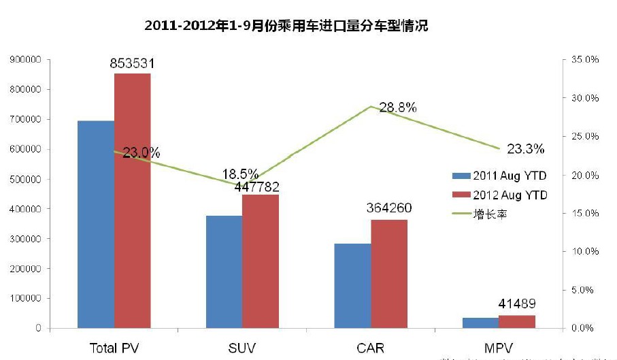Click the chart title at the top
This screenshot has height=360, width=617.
point(286,26)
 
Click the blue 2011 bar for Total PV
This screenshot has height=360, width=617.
point(96,225)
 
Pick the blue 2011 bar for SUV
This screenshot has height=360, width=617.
point(224,272)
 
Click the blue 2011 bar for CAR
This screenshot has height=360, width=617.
point(352,286)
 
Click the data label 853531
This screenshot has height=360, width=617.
point(133,63)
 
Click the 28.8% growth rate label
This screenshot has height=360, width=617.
point(398,108)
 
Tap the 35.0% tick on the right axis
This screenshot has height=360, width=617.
point(584,60)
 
